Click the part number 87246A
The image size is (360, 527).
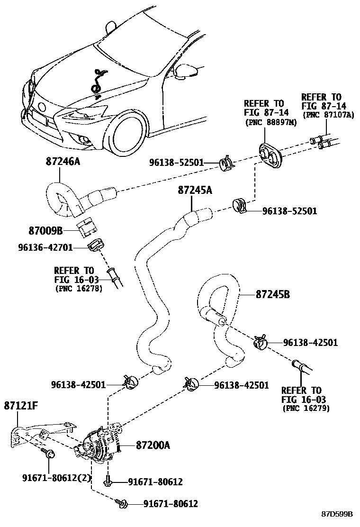tap(63, 162)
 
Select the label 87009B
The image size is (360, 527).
tap(45, 231)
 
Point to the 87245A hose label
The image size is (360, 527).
tap(195, 190)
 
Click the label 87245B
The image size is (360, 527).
tap(272, 294)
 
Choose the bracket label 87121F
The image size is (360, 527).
tap(21, 405)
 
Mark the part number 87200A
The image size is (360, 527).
tap(153, 445)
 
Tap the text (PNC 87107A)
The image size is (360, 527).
tap(328, 115)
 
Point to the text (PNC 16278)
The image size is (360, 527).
tap(79, 288)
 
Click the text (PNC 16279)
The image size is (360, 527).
tap(306, 408)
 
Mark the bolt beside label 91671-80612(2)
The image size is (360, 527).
tap(49, 454)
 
